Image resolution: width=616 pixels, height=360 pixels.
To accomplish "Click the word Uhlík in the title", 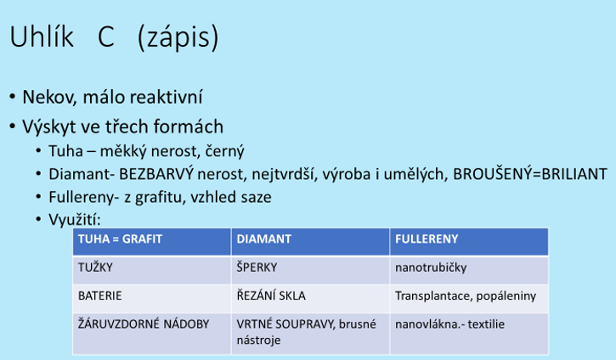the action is point(42,37).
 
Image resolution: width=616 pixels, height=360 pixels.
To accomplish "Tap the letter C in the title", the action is point(105,37).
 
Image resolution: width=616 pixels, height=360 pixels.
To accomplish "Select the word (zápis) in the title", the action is point(178,38).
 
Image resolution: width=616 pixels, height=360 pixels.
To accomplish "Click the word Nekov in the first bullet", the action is point(48,98).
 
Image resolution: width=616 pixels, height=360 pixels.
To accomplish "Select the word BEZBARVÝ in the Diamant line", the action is point(156,174).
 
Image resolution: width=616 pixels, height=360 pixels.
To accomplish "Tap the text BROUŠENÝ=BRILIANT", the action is point(530,174).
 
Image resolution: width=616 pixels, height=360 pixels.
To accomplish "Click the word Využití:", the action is point(75,220).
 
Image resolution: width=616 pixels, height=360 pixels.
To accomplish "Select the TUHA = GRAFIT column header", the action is point(120,239).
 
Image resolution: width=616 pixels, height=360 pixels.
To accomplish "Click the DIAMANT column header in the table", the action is point(263,239).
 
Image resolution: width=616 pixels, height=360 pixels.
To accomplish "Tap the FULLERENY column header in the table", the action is point(427,239).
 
